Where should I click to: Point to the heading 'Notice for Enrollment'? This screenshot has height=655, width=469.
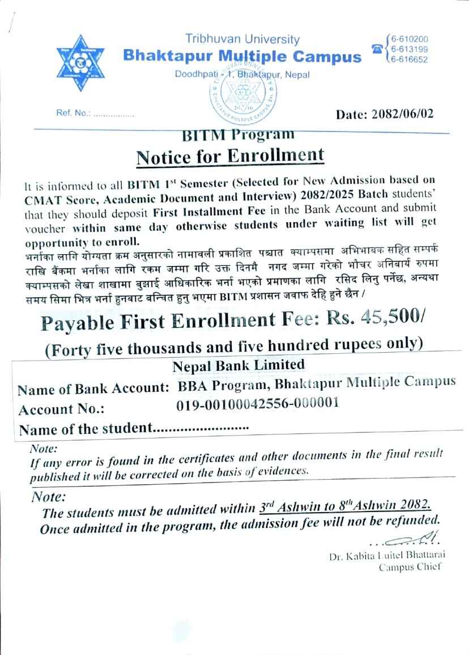[231, 155]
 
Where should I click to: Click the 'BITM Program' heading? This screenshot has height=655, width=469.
[238, 135]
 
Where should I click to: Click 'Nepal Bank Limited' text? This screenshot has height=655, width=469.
[238, 365]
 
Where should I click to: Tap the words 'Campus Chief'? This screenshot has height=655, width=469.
[410, 567]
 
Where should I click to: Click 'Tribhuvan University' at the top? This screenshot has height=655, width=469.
[242, 39]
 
